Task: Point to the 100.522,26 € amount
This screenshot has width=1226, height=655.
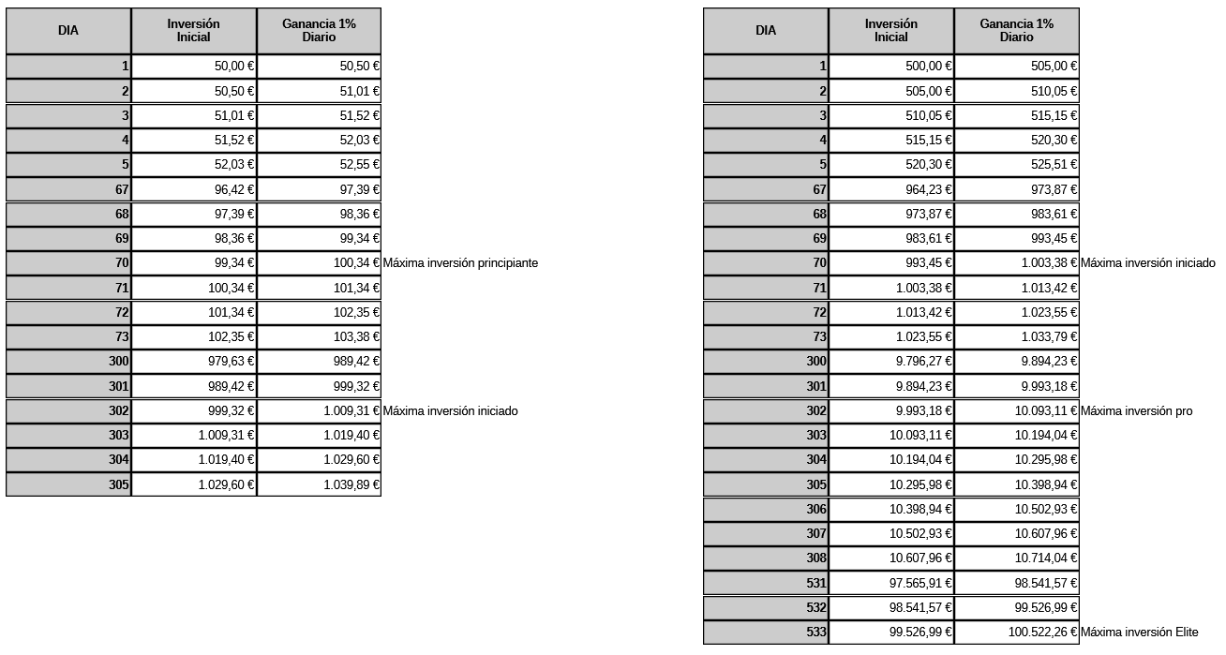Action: pos(1043,633)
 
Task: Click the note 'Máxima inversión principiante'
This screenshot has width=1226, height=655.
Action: pos(460,263)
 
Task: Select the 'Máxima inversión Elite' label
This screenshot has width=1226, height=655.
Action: pos(1139,633)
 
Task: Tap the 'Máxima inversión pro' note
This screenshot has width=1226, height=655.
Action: pos(1136,411)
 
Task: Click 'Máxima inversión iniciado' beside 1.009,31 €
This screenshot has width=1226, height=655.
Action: pos(450,411)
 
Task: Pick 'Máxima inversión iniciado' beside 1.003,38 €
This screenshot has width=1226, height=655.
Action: pos(1147,263)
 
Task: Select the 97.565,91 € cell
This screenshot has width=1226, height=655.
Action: pos(920,583)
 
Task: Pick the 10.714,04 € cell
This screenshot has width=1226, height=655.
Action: pos(1046,558)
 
